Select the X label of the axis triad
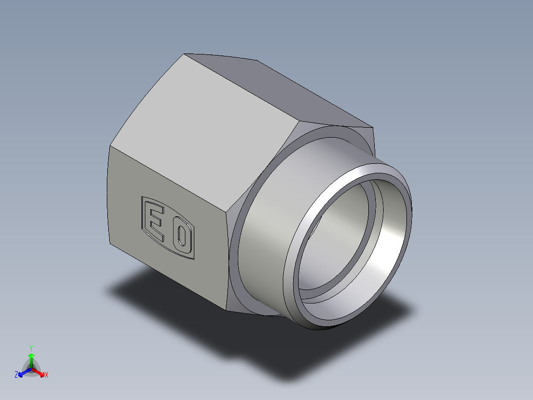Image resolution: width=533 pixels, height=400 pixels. click(46, 375)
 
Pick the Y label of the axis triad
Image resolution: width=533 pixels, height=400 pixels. click(31, 348)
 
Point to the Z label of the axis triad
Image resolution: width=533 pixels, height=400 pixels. click(16, 375)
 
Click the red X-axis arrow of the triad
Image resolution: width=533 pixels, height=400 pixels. click(39, 372)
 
